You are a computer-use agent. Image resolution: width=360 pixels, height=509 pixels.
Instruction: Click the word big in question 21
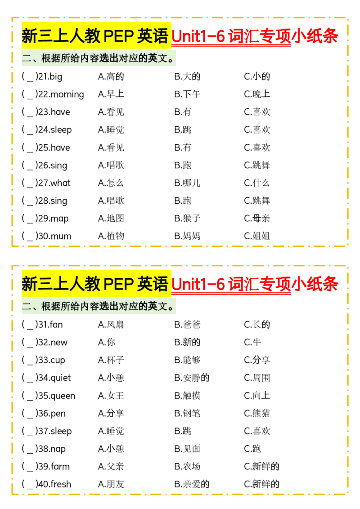coord(56,77)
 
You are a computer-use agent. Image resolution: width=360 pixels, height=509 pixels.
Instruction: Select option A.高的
coord(111,76)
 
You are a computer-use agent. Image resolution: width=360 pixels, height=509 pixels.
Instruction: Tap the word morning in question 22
coord(67,95)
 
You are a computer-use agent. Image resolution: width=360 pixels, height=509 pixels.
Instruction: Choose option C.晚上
coord(257,94)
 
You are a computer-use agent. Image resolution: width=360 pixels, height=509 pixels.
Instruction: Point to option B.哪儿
coord(187,183)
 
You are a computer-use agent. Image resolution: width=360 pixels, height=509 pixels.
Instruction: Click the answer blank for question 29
coord(30,219)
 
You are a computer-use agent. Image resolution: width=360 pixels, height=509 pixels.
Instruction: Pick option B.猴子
coord(187,219)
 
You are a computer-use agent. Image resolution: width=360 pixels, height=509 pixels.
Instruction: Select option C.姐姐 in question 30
coord(257,236)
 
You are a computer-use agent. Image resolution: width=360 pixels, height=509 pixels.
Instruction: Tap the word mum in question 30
coord(61,237)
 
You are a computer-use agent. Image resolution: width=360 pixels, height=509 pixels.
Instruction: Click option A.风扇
coord(111,325)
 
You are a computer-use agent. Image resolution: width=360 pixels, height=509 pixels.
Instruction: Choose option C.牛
coord(252,342)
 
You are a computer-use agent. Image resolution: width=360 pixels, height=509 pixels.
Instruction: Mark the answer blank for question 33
coord(30,360)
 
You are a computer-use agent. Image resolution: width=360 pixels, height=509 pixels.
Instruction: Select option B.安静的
coord(192,378)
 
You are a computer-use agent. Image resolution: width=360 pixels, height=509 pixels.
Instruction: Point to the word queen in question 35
coord(63,396)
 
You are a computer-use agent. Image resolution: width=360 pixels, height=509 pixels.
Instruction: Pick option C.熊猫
coord(257,413)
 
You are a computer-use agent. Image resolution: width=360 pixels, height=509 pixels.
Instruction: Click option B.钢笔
coord(187,413)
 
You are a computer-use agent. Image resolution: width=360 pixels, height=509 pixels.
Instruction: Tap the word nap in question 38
coord(58,449)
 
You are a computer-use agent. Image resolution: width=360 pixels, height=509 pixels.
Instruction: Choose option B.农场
coord(187,466)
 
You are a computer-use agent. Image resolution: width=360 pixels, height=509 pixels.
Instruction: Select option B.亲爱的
coord(192,484)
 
